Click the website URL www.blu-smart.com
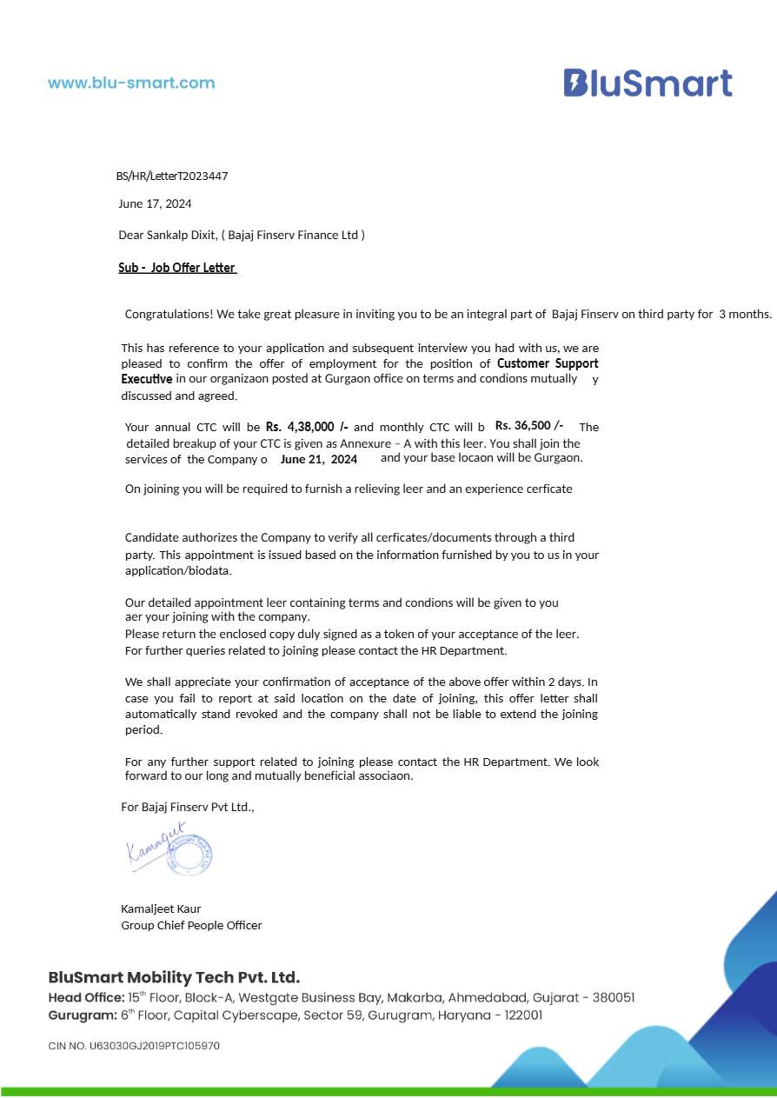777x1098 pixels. pyautogui.click(x=131, y=83)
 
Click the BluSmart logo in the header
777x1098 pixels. pyautogui.click(x=647, y=83)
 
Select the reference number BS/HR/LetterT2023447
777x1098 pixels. pyautogui.click(x=172, y=176)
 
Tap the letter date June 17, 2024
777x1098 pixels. pyautogui.click(x=155, y=203)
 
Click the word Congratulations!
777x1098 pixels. pyautogui.click(x=169, y=314)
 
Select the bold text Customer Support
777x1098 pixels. pyautogui.click(x=548, y=363)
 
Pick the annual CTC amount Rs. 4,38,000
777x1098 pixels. pyautogui.click(x=307, y=427)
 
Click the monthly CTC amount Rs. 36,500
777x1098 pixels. pyautogui.click(x=528, y=425)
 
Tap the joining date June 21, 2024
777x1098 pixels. pyautogui.click(x=319, y=459)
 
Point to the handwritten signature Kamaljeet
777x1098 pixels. pyautogui.click(x=156, y=843)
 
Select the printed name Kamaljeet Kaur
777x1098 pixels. pyautogui.click(x=161, y=908)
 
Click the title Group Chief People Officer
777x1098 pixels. pyautogui.click(x=191, y=925)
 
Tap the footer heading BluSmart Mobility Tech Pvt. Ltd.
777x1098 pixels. pyautogui.click(x=174, y=977)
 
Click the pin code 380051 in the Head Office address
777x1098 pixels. pyautogui.click(x=613, y=998)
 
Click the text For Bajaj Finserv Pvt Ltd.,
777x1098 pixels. pyautogui.click(x=187, y=807)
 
